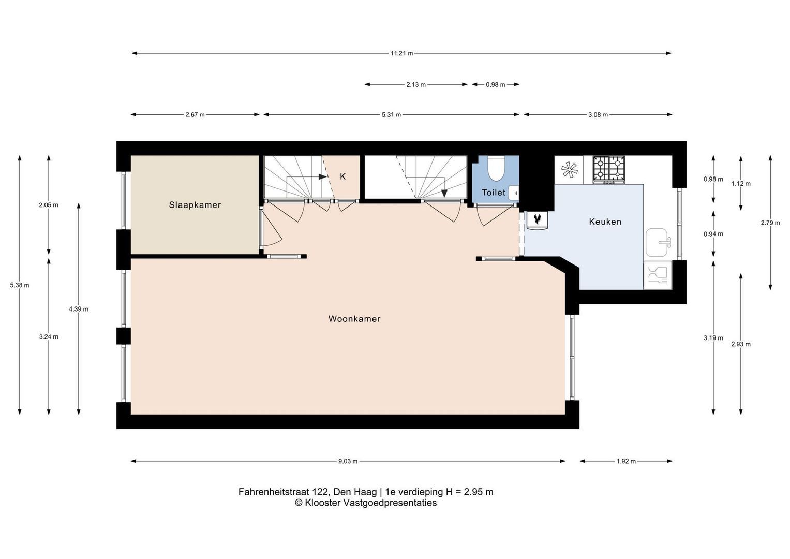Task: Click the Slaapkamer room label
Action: (195, 204)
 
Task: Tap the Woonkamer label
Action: (354, 319)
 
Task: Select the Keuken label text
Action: (605, 222)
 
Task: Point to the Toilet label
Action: (494, 193)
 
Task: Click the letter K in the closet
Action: (343, 176)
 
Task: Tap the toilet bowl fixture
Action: (496, 168)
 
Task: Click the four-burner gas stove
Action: (608, 170)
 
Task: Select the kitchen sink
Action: (658, 242)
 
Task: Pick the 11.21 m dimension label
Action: (401, 54)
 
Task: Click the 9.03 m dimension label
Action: (348, 461)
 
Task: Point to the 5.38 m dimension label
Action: (20, 285)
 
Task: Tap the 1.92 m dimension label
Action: (626, 461)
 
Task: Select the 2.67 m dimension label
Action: (195, 115)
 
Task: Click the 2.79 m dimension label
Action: (770, 223)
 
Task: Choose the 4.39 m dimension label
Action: (79, 309)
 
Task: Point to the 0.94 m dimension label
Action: (713, 234)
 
